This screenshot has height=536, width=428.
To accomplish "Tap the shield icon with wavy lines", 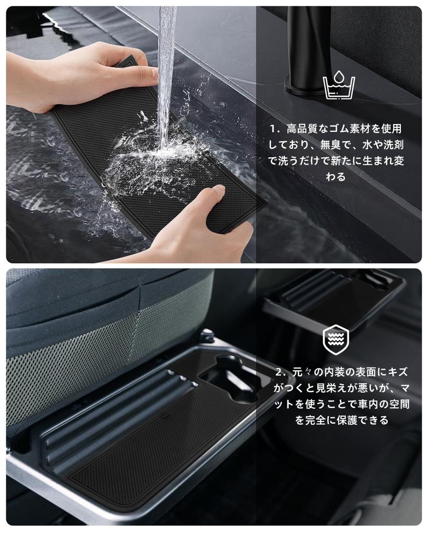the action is point(336,340).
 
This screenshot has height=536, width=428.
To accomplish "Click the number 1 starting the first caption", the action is point(273,129).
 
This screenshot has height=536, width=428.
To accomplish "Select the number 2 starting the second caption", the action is point(279,372).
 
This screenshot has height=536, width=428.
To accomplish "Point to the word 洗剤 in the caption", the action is point(394,145).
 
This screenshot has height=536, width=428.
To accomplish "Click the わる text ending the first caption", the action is point(336,177).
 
